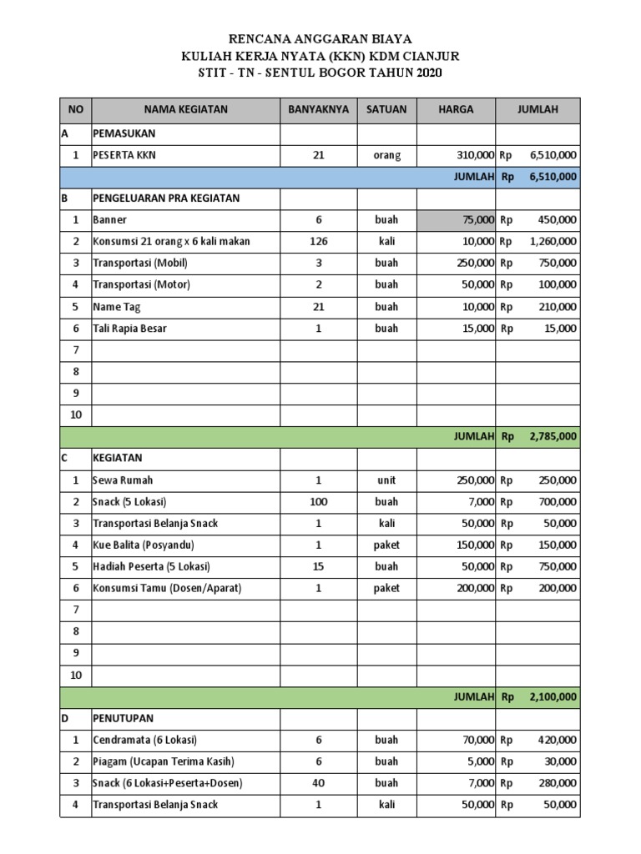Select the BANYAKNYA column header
point(318,109)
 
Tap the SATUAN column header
point(386,109)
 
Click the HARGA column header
point(456,109)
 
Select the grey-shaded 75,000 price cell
point(456,220)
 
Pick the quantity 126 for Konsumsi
point(318,242)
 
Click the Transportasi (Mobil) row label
point(140,264)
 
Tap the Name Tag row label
point(118,307)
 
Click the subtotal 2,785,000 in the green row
point(553,435)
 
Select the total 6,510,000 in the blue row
point(553,177)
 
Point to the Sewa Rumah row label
point(123,480)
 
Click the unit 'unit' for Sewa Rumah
point(386,480)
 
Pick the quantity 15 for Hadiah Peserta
point(318,567)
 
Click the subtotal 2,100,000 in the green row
point(553,696)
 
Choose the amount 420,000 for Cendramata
point(554,740)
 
